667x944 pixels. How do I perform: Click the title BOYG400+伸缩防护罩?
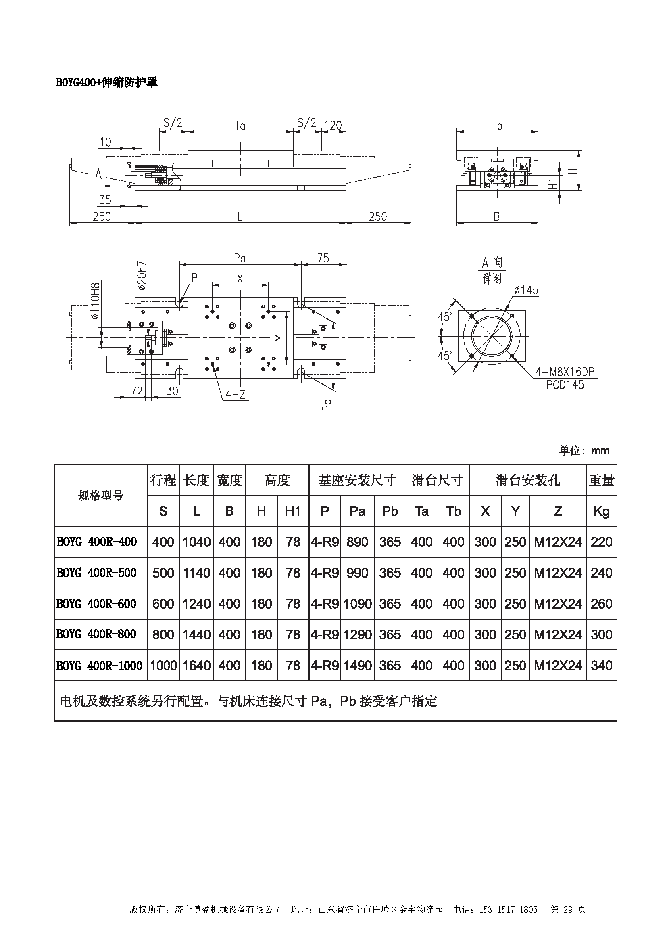(107, 83)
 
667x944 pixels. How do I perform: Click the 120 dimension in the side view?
(333, 125)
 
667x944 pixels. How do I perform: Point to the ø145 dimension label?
(526, 290)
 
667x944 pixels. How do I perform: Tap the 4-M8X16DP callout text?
(565, 372)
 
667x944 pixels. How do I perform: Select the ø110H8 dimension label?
(96, 301)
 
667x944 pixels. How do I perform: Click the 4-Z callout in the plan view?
(236, 395)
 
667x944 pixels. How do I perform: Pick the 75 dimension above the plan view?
(323, 258)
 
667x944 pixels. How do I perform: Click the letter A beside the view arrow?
(98, 175)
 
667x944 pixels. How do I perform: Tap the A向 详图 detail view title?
(492, 270)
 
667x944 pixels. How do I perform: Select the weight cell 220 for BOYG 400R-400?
(601, 542)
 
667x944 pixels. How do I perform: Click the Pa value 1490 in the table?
(357, 666)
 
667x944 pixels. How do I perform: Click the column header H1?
(292, 511)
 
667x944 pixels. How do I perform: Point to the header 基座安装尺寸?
(357, 480)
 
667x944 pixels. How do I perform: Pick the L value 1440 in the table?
(196, 634)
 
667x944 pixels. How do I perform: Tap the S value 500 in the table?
(163, 573)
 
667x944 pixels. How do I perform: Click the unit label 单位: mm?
(584, 451)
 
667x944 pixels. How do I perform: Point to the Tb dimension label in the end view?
(497, 126)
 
